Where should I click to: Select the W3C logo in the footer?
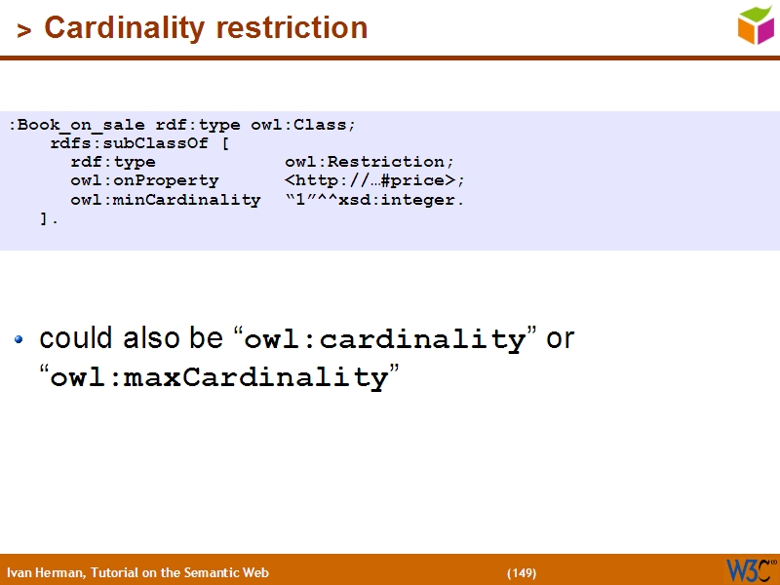[x=750, y=570]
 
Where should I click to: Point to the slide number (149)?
[x=522, y=572]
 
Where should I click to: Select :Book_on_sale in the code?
[x=77, y=125]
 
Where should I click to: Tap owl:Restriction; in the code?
[x=370, y=162]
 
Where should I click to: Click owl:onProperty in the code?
[x=144, y=180]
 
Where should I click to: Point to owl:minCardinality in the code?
[x=165, y=200]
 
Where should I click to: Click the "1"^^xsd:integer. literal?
[x=374, y=200]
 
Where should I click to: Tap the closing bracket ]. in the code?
[x=50, y=218]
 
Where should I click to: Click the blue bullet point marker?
[x=19, y=340]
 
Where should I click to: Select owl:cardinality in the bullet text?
[x=385, y=340]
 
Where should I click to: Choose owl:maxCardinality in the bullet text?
[x=219, y=378]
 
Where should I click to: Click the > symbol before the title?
[x=24, y=30]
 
